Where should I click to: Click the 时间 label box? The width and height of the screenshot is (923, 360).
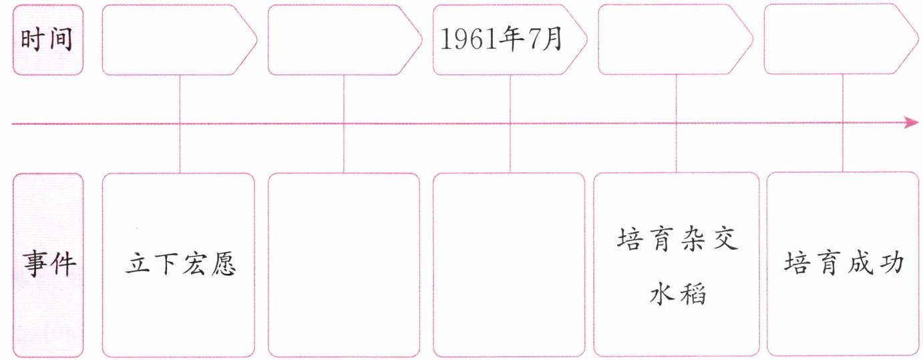click(x=48, y=40)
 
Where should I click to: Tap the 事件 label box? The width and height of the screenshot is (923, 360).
click(x=48, y=264)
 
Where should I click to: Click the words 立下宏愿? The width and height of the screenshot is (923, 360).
click(x=180, y=265)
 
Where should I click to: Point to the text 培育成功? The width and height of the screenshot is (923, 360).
click(x=844, y=263)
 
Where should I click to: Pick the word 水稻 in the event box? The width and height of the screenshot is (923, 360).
click(x=677, y=293)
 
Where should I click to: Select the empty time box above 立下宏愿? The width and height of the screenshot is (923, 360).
click(x=179, y=40)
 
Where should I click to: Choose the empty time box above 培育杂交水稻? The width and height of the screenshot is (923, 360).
click(x=676, y=40)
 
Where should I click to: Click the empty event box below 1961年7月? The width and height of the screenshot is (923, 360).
click(x=509, y=264)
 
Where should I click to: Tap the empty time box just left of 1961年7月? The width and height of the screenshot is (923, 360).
click(x=345, y=40)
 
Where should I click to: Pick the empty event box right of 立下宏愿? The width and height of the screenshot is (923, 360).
click(x=344, y=264)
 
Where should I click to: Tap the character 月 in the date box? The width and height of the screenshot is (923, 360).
click(x=554, y=41)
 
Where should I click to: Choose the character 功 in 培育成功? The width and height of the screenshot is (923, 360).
click(x=892, y=263)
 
